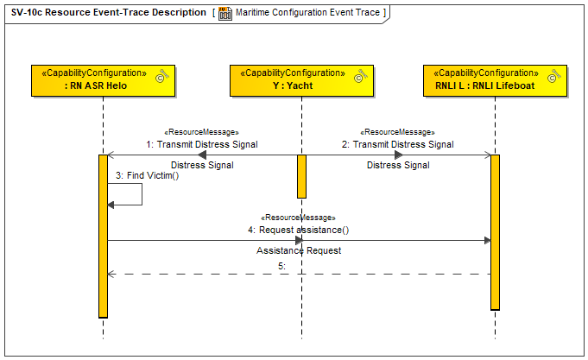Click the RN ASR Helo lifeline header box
(103, 80)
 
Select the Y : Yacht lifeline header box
(301, 80)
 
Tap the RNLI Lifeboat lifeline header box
(495, 80)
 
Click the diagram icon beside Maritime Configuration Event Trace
(225, 13)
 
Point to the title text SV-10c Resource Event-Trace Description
(109, 12)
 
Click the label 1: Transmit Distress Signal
(202, 144)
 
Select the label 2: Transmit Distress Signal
(397, 144)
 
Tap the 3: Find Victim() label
(147, 175)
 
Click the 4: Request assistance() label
(299, 230)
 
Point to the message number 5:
(281, 266)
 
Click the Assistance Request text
(299, 250)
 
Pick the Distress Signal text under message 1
(202, 165)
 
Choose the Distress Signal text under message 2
(398, 165)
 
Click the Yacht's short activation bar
(301, 176)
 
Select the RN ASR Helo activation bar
(103, 237)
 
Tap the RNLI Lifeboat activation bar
(495, 232)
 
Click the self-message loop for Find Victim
(142, 194)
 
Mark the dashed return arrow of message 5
(300, 275)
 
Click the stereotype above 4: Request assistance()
(298, 218)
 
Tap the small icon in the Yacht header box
(360, 75)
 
